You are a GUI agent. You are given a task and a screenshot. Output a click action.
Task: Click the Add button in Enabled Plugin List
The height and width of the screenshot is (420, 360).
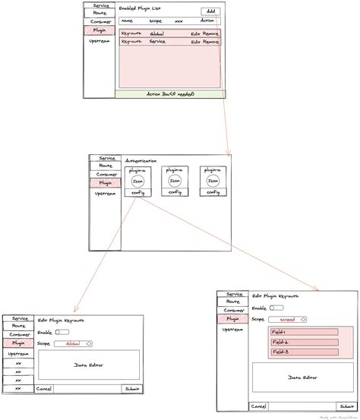pyautogui.click(x=211, y=11)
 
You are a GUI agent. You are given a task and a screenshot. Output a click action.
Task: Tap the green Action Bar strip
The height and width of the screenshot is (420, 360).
pyautogui.click(x=170, y=93)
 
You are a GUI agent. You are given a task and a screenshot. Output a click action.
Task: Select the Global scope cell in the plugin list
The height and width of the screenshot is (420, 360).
pyautogui.click(x=157, y=33)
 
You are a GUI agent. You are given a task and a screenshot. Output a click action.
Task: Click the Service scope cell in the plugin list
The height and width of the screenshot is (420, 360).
pyautogui.click(x=157, y=42)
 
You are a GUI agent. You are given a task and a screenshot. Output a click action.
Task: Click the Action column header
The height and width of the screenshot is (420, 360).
pyautogui.click(x=207, y=21)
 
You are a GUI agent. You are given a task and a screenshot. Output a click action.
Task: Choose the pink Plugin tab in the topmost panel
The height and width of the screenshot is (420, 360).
pyautogui.click(x=99, y=31)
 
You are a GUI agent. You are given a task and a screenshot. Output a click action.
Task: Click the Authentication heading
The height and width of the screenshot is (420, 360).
pyautogui.click(x=141, y=161)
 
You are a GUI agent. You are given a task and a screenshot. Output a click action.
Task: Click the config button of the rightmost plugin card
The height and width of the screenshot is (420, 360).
pyautogui.click(x=213, y=193)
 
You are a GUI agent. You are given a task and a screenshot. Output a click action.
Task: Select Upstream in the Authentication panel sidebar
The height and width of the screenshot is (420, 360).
pyautogui.click(x=105, y=194)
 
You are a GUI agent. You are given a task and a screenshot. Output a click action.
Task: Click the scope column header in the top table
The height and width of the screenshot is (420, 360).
pyautogui.click(x=155, y=21)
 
